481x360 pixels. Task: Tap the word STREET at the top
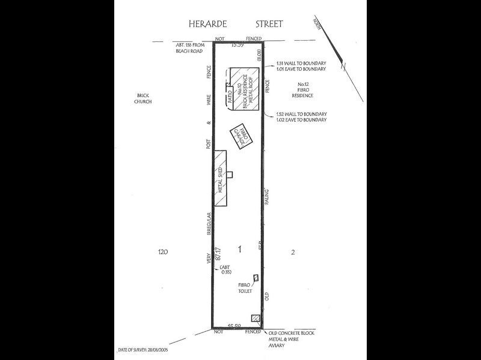(x=268, y=25)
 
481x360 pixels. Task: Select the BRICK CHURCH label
(x=143, y=99)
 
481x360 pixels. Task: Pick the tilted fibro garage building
(x=242, y=137)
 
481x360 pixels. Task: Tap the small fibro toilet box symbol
(x=256, y=278)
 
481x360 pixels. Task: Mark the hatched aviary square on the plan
(x=256, y=318)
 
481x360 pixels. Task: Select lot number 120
(x=161, y=253)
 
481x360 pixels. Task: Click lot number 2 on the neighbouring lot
(x=293, y=253)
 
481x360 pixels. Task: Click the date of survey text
(x=144, y=349)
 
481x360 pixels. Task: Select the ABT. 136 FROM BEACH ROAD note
(x=189, y=48)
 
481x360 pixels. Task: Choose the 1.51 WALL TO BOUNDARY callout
(x=301, y=63)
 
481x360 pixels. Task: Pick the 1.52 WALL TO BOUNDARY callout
(x=301, y=114)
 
